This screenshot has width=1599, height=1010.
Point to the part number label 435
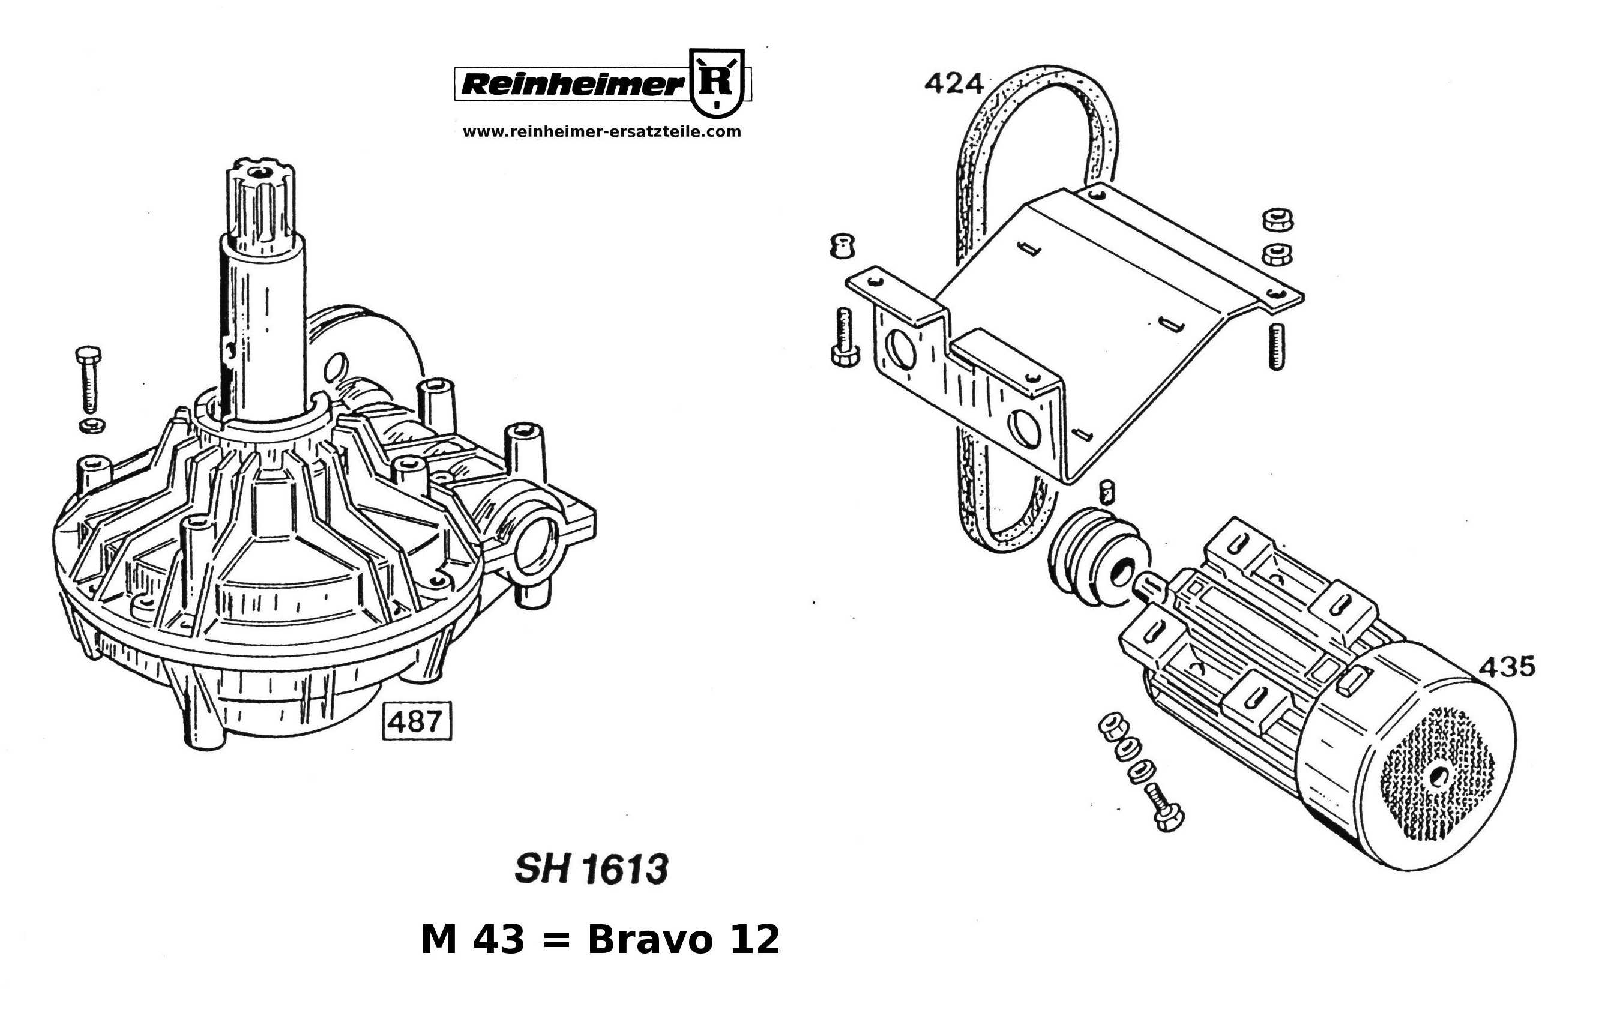1507,666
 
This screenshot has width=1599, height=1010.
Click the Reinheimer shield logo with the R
717,82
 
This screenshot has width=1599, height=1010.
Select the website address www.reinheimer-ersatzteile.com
601,131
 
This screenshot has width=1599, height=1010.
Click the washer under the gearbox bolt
92,425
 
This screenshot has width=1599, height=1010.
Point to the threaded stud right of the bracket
1276,345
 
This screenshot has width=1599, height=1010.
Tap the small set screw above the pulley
1106,493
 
